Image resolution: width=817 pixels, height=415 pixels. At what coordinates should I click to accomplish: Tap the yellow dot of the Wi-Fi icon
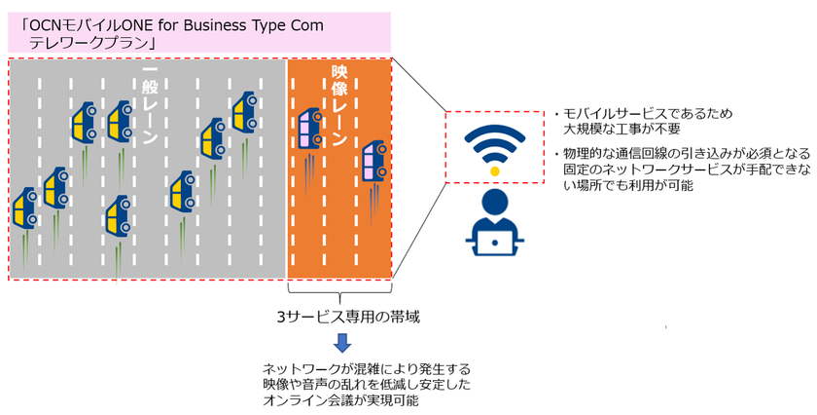pos(495,170)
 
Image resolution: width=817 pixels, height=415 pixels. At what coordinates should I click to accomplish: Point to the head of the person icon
pos(495,203)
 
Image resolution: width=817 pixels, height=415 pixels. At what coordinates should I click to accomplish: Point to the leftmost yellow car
pos(24,208)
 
